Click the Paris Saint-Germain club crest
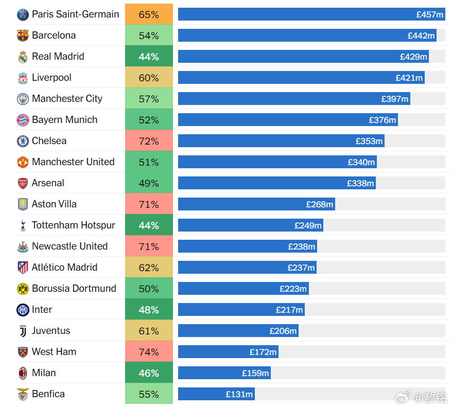pos(23,14)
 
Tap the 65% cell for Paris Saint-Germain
pos(149,14)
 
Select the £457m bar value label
pos(430,14)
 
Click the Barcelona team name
pos(54,36)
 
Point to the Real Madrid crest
pos(23,57)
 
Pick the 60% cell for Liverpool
pos(149,78)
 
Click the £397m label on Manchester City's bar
pos(395,99)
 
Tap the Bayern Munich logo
pos(23,120)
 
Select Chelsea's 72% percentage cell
pos(149,141)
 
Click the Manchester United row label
pos(73,162)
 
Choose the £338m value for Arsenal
pos(360,183)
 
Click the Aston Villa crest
pos(23,204)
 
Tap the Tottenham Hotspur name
pos(74,225)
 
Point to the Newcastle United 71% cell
pos(149,246)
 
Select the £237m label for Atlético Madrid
pos(301,268)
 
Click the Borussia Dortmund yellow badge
pos(23,289)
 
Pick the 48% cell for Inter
pos(149,310)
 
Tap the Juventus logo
pos(23,331)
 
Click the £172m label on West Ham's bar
pos(263,352)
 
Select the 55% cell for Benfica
pos(149,394)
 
